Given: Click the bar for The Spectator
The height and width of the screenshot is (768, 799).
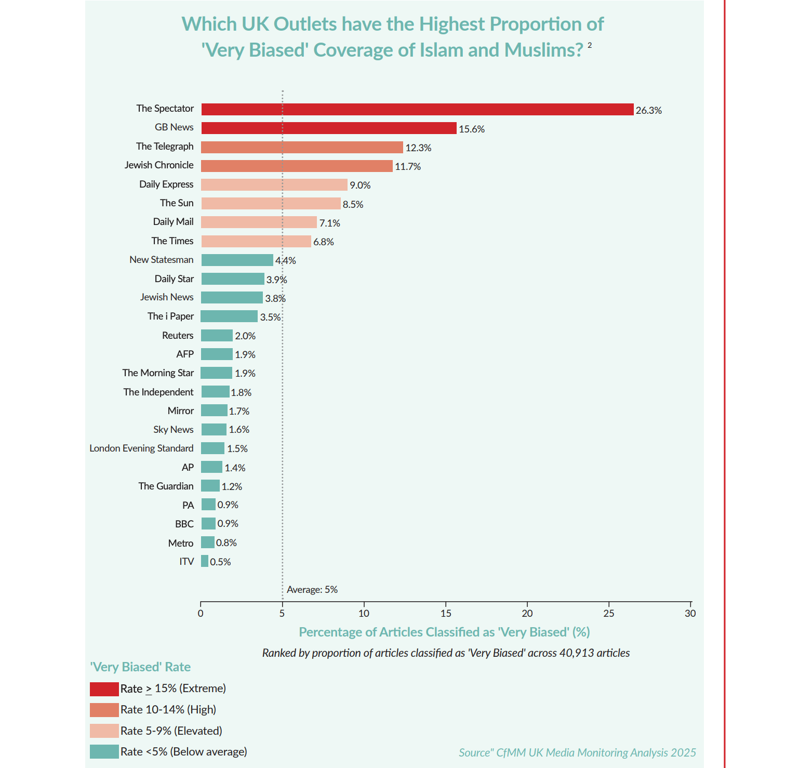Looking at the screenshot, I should tap(417, 110).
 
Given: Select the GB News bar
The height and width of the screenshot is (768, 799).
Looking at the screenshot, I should tap(329, 128).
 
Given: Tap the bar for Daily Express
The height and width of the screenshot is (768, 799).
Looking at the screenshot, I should tap(274, 185).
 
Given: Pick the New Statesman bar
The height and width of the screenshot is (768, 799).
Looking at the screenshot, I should tap(237, 260).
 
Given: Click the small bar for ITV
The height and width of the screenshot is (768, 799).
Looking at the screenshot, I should tap(205, 561).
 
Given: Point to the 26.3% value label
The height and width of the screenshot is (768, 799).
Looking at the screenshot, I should tap(648, 110).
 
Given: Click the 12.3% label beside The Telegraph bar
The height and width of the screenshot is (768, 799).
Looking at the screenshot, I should tap(418, 148).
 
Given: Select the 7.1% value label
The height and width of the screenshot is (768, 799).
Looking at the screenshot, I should tap(329, 223).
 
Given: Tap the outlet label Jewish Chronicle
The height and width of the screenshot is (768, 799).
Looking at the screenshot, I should tap(159, 165).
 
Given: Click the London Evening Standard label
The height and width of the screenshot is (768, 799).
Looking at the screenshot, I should tap(141, 448).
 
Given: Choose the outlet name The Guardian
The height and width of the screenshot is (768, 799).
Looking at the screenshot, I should tap(166, 486).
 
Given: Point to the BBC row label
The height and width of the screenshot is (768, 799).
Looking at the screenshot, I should tap(184, 524).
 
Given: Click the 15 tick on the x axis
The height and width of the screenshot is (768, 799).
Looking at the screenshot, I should tap(446, 613).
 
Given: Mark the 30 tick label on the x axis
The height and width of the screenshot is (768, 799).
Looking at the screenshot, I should tap(690, 613).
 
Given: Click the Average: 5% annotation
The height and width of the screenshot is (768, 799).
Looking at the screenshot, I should tap(312, 590).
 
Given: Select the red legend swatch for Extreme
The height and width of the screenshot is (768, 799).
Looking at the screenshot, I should tap(104, 689).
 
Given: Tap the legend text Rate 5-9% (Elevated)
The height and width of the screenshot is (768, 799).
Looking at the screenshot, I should tap(171, 731).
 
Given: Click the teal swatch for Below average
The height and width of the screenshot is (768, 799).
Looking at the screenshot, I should tap(104, 752).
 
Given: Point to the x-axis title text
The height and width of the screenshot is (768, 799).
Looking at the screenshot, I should tap(444, 632).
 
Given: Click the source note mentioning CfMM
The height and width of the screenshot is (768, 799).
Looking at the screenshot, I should tap(577, 753).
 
